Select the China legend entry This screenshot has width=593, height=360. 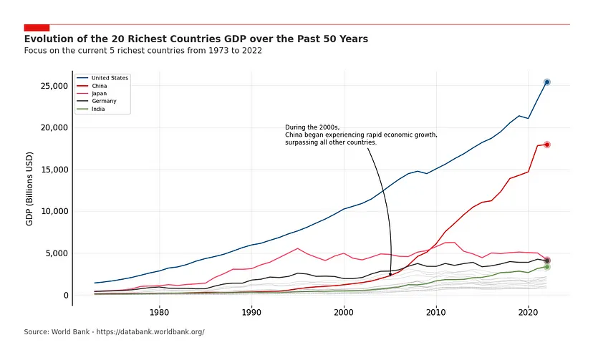coord(100,86)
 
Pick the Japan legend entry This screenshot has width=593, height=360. coord(100,94)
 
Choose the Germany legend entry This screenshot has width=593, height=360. coord(103,102)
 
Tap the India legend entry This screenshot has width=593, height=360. coord(99,110)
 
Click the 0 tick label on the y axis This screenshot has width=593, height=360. coord(64,296)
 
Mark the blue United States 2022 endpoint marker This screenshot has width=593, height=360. coord(546,82)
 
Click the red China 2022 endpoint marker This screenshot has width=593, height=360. coord(546,145)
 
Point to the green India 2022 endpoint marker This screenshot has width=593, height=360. coord(546,267)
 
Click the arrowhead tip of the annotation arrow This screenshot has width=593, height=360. coord(390,276)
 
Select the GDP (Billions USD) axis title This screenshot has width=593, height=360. coord(30,189)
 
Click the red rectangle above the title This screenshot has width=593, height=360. coord(37,27)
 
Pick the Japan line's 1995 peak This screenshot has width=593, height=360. coord(297,248)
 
